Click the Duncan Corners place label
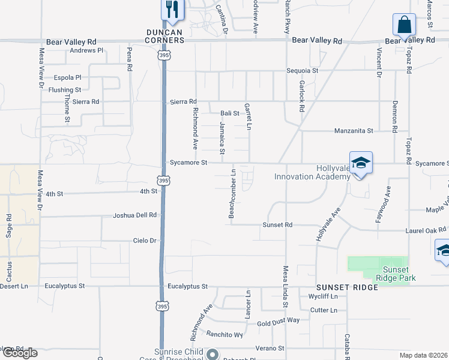coord(165,35)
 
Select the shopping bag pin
coord(404,25)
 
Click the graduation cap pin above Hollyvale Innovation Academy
coord(361,163)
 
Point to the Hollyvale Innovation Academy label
coord(312,172)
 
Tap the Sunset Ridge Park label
coord(395,274)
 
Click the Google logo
coord(19,353)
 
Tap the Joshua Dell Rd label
coord(135,215)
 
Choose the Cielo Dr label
coord(145,241)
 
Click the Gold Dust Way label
coord(278,320)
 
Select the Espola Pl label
coord(67,77)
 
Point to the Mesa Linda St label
coord(286,288)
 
